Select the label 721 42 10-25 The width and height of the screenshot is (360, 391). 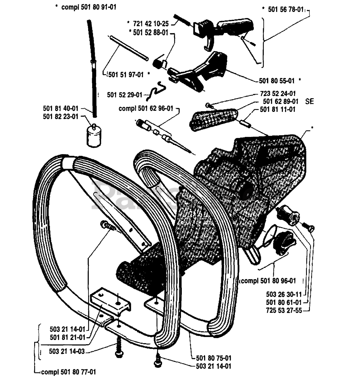click(151, 24)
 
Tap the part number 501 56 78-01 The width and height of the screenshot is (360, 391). click(286, 9)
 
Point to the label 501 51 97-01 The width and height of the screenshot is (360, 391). click(126, 75)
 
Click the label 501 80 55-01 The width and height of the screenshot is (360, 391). click(277, 81)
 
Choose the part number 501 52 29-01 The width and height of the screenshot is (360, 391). click(124, 95)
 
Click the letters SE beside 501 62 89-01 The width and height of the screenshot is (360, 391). click(309, 102)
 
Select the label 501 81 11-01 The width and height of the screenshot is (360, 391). click(278, 109)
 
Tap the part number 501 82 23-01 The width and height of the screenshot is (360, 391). click(61, 117)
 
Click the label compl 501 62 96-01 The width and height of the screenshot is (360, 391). click(146, 108)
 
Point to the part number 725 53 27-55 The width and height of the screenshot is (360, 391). click(284, 310)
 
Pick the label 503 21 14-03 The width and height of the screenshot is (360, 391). click(67, 351)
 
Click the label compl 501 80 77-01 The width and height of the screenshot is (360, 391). click(68, 372)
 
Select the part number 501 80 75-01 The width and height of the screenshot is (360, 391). click(214, 358)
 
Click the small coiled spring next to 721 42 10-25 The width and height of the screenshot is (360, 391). click(182, 20)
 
